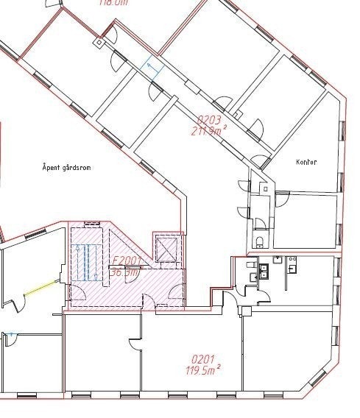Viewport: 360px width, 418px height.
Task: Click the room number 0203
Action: pos(211,121)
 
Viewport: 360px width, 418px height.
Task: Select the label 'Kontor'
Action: pos(306,162)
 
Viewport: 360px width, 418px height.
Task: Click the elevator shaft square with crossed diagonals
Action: pos(167,247)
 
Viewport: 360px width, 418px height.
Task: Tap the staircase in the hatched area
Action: pos(86,262)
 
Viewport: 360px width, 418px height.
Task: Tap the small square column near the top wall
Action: pos(98,43)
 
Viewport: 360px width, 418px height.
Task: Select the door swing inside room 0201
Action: pos(135,344)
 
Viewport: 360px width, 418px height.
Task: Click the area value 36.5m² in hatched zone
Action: pos(124,272)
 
